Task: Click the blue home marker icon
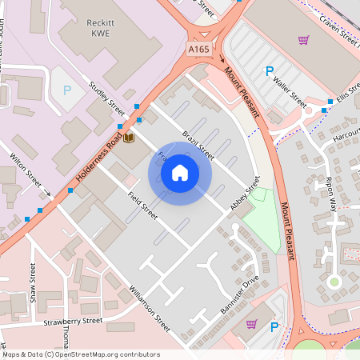click(x=180, y=172)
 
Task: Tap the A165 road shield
click(x=199, y=50)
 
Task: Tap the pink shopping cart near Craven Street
click(x=303, y=39)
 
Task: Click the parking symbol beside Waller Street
click(x=269, y=72)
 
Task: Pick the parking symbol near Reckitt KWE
click(x=67, y=90)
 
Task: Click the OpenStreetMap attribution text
click(x=80, y=354)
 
